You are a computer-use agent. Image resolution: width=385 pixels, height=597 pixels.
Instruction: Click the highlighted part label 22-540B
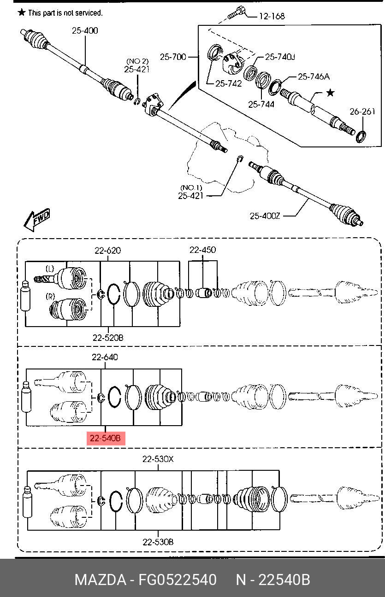click(x=106, y=438)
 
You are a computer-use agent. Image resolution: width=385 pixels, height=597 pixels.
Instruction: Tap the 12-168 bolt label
click(x=272, y=17)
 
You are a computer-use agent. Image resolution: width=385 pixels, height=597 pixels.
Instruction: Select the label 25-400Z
click(x=265, y=216)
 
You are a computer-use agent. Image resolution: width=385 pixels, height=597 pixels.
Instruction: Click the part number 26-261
click(x=362, y=111)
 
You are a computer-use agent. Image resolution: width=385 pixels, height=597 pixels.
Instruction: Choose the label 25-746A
click(x=314, y=77)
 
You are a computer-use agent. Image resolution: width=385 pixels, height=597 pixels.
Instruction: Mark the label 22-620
click(x=107, y=251)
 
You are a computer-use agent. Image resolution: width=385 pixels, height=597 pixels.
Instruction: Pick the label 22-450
click(x=202, y=250)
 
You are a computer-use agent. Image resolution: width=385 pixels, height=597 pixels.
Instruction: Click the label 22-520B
click(x=108, y=338)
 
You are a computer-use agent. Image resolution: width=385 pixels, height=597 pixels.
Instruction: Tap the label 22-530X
click(x=158, y=459)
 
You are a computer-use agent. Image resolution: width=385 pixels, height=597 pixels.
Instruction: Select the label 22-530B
click(x=158, y=542)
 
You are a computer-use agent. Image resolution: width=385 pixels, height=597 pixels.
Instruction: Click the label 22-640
click(x=105, y=357)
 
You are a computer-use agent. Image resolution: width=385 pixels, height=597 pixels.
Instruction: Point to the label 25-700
click(x=173, y=57)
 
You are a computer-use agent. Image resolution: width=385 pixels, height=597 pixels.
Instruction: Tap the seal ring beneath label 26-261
click(x=361, y=136)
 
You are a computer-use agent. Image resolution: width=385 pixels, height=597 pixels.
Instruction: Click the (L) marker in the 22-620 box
click(x=50, y=269)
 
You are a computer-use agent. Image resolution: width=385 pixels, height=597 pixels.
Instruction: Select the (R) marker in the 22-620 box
click(x=50, y=296)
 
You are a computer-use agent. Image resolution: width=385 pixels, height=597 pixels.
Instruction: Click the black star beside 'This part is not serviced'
click(x=22, y=12)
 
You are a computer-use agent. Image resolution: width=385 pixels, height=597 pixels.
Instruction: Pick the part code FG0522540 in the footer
click(x=178, y=580)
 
